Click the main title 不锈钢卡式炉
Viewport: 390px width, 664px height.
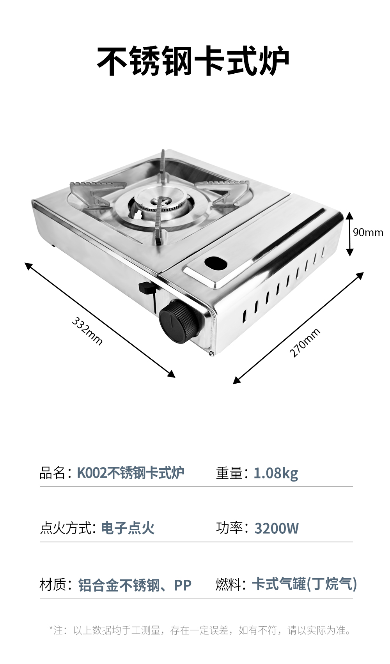pos(193,61)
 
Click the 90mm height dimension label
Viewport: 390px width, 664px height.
pos(368,232)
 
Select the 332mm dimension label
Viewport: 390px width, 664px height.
pos(87,331)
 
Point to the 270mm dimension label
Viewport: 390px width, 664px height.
pos(305,342)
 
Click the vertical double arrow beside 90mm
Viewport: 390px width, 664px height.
pos(350,234)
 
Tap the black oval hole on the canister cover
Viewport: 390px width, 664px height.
pos(216,262)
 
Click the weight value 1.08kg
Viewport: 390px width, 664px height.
pos(275,473)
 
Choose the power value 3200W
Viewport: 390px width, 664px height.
pos(277,528)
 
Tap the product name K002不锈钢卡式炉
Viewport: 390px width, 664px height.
pos(131,473)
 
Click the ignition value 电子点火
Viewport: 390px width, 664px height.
pos(128,528)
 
